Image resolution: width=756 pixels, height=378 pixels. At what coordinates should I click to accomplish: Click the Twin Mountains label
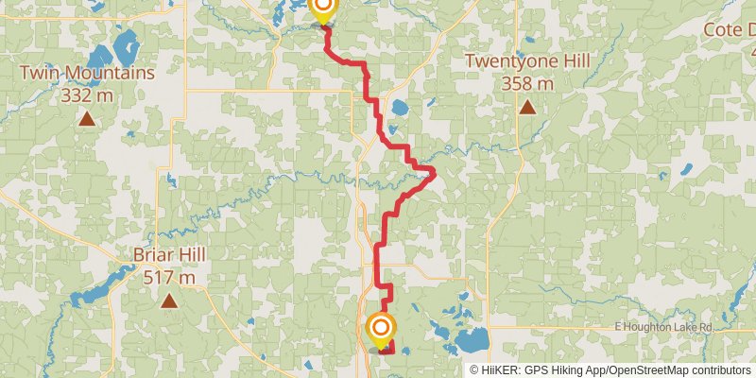[x=87, y=72]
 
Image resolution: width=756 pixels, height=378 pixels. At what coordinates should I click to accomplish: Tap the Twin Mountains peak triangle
[x=87, y=119]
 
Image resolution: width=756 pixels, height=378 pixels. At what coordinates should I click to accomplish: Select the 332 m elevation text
[x=87, y=94]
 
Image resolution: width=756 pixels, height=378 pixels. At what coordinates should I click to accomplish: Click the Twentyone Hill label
[x=527, y=61]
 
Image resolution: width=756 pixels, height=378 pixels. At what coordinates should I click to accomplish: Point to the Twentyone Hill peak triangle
[x=527, y=107]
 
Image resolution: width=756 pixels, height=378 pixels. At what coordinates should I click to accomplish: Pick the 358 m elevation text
[x=527, y=83]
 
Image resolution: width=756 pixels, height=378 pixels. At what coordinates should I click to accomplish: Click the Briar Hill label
[x=169, y=255]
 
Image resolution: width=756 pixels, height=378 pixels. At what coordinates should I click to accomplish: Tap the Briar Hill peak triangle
[x=169, y=301]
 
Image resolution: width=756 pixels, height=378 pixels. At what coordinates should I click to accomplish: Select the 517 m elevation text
[x=169, y=278]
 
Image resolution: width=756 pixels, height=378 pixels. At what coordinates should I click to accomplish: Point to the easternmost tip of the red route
[x=434, y=171]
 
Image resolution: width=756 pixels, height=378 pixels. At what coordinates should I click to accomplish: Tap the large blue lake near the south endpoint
[x=472, y=337]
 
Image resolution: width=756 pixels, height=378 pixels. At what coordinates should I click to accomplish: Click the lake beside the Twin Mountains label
[x=123, y=44]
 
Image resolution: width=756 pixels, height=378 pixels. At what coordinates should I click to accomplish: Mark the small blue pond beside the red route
[x=399, y=107]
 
